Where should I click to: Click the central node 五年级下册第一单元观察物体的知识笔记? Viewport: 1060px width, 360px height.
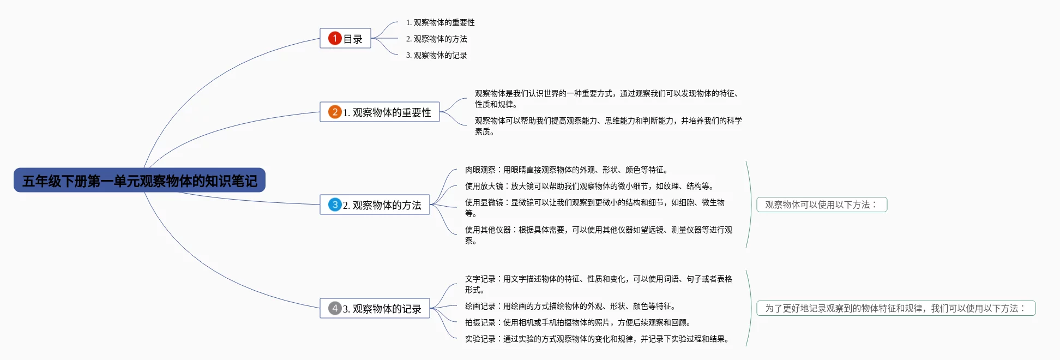140,181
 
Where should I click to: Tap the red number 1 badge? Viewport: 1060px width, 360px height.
334,38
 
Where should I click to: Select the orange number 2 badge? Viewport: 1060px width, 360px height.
334,112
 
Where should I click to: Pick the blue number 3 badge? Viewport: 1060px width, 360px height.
334,205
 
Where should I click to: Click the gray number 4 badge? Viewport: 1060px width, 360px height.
334,308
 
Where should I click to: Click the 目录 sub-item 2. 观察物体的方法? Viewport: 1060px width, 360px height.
436,39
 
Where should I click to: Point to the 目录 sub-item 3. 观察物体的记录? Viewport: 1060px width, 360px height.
436,55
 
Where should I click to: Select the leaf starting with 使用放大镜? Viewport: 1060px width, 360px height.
589,186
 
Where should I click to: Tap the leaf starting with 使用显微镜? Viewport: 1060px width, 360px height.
594,207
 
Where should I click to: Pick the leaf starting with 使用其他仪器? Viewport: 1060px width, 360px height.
598,235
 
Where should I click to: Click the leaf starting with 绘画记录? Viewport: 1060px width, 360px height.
570,306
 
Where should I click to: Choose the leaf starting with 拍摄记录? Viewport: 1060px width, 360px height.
577,322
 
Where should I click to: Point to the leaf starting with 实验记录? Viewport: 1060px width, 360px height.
597,339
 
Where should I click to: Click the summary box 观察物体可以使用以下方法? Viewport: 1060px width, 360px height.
822,205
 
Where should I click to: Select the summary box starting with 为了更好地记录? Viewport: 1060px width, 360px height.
896,308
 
